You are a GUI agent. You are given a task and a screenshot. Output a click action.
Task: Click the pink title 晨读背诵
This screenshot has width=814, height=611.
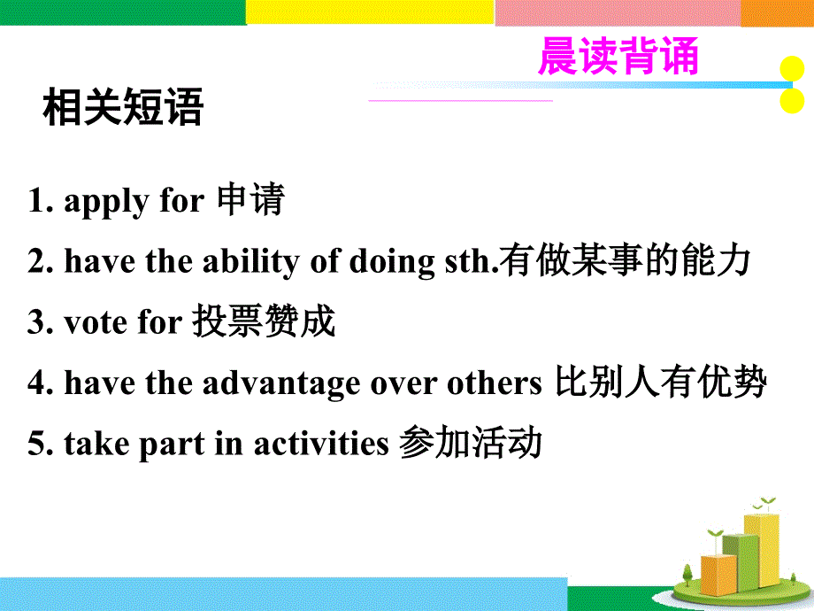tap(618, 57)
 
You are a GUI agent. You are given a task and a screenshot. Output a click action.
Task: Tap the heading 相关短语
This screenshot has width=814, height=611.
tap(123, 110)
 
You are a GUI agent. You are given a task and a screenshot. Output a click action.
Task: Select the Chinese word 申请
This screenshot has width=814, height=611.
tap(250, 201)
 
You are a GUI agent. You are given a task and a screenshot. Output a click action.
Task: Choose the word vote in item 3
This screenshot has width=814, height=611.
tap(96, 323)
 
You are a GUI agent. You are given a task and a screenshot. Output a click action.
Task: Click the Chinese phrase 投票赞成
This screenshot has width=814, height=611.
tap(264, 322)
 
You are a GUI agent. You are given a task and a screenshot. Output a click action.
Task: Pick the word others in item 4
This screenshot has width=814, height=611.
tap(493, 384)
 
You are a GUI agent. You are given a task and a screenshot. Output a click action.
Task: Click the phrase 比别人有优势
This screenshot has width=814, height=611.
tap(660, 383)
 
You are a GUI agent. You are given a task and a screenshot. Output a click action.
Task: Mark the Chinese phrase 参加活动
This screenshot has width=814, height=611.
tap(470, 444)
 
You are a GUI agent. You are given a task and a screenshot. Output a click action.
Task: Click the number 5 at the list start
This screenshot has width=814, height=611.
tap(35, 445)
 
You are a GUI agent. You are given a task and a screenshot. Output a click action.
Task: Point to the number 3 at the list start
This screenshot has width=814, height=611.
tap(35, 323)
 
